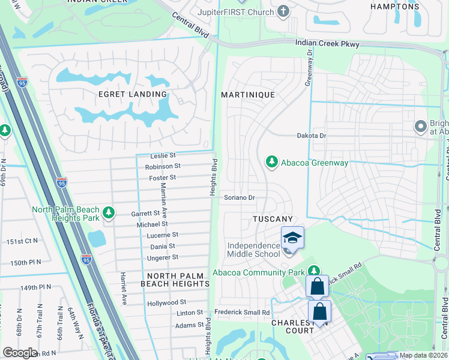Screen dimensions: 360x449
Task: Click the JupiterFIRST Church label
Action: click(x=236, y=12)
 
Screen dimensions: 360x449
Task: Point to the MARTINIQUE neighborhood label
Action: click(x=247, y=95)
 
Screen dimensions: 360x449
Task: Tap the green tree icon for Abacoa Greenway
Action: click(x=272, y=162)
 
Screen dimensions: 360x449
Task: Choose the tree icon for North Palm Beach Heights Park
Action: click(x=109, y=213)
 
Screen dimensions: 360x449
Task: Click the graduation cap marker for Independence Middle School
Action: click(x=292, y=238)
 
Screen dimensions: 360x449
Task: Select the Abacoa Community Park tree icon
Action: click(x=313, y=271)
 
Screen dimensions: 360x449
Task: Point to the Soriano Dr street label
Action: click(x=240, y=197)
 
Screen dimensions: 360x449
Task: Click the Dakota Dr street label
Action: click(x=312, y=136)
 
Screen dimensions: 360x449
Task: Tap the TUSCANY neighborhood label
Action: click(x=273, y=220)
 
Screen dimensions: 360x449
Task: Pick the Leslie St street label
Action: click(x=163, y=155)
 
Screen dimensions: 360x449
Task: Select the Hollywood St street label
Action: click(x=167, y=302)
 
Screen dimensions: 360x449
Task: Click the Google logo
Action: click(x=20, y=353)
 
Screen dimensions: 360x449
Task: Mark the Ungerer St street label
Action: click(x=163, y=257)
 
